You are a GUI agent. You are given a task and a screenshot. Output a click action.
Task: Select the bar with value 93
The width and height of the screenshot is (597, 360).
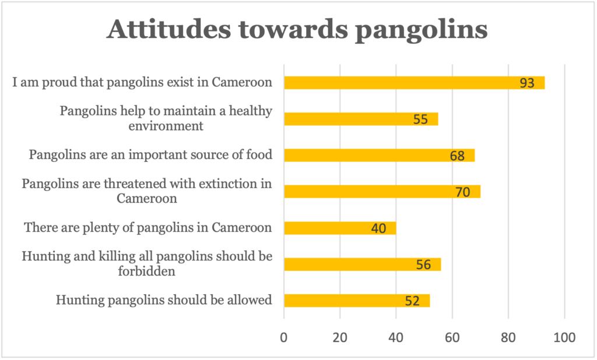pyautogui.click(x=414, y=83)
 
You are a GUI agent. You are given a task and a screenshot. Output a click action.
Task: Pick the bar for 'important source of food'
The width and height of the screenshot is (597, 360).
pyautogui.click(x=379, y=156)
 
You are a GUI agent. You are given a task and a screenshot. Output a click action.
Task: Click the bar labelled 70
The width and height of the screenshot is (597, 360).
pyautogui.click(x=382, y=192)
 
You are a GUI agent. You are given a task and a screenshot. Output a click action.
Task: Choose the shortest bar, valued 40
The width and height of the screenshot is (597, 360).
pyautogui.click(x=340, y=228)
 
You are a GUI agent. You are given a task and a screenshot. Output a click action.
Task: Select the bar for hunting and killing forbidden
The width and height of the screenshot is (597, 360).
pyautogui.click(x=362, y=264)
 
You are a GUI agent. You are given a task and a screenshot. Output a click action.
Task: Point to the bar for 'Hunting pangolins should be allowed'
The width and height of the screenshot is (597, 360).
pyautogui.click(x=356, y=301)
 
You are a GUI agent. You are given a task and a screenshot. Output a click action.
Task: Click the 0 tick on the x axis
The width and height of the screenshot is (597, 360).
pyautogui.click(x=284, y=337)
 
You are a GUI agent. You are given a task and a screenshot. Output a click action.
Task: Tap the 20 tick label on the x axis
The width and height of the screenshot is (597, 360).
pyautogui.click(x=340, y=337)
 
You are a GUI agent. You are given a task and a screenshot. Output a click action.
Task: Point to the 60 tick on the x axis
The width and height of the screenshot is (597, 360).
pyautogui.click(x=452, y=337)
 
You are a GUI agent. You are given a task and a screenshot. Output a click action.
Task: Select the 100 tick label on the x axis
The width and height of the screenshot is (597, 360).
pyautogui.click(x=564, y=337)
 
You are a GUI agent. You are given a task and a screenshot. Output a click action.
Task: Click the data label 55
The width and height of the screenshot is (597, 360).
pyautogui.click(x=420, y=119)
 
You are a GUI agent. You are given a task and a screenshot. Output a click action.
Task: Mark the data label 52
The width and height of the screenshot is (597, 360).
pyautogui.click(x=413, y=301)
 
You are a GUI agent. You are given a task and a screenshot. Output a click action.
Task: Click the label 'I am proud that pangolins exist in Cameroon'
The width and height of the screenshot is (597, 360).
pyautogui.click(x=143, y=82)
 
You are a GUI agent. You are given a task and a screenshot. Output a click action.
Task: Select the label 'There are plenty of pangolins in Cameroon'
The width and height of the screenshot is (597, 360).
pyautogui.click(x=148, y=227)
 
